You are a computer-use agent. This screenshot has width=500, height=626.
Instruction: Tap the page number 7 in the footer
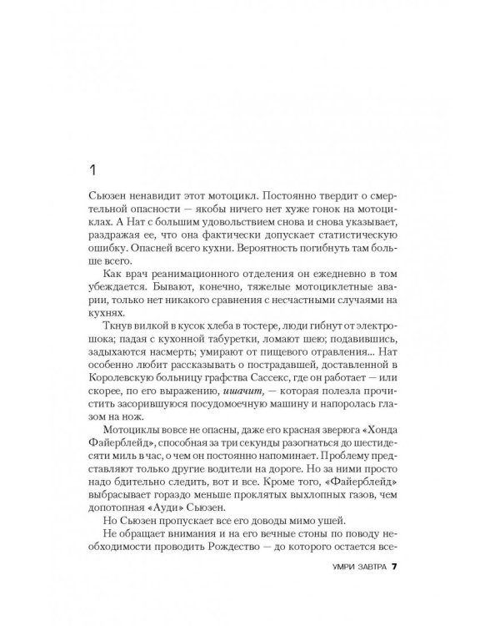click(400, 567)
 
